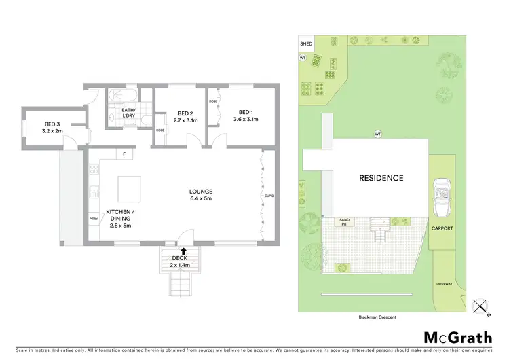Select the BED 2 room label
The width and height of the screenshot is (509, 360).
click(187, 117)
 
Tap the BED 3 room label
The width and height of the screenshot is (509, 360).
click(52, 127)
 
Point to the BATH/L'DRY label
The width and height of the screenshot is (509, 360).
click(128, 113)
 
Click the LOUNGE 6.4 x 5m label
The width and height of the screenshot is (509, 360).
click(201, 196)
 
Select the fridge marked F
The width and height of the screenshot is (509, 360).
click(124, 154)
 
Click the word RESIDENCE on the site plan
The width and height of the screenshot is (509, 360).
click(381, 178)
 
